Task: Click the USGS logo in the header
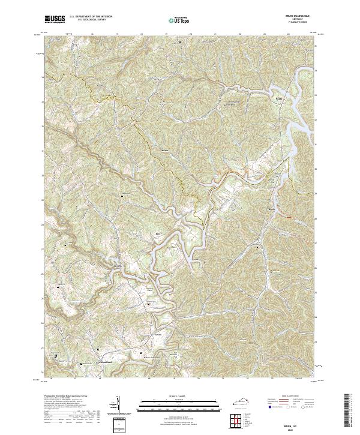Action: point(55,20)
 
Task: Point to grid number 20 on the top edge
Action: point(190,34)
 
